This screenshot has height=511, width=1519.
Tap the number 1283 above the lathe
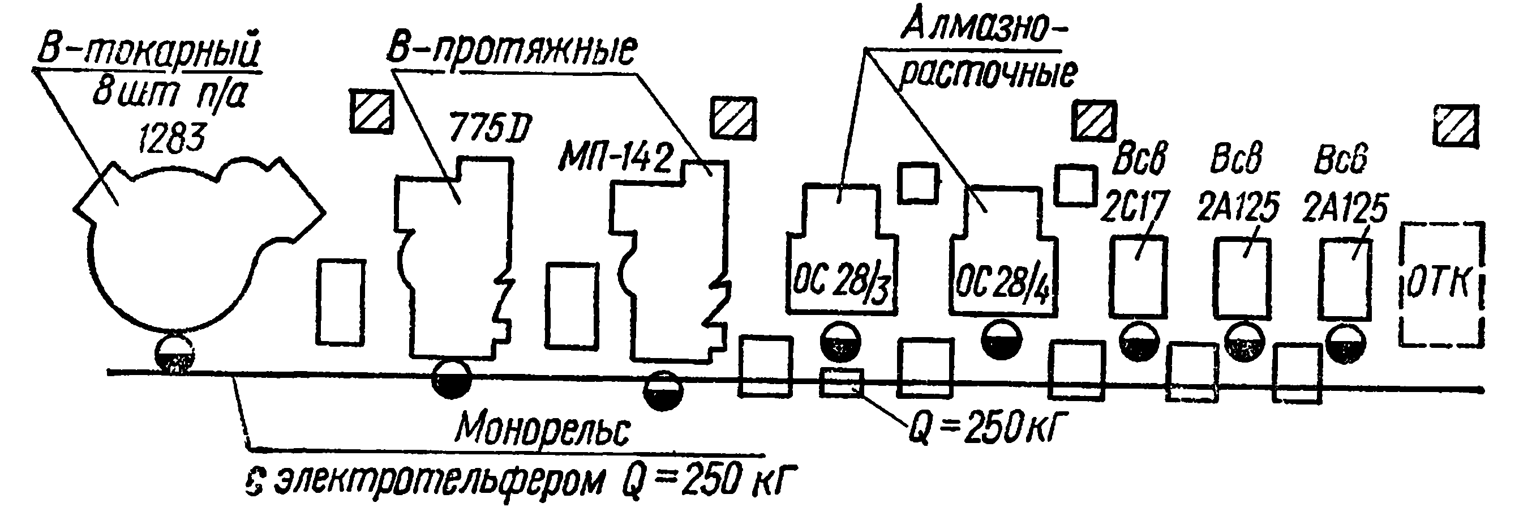point(171,139)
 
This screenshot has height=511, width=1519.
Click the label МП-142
point(616,159)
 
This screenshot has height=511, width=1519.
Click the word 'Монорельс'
point(543,430)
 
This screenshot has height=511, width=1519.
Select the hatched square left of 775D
point(371,112)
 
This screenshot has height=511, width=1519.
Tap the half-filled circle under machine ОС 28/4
point(1001,340)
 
